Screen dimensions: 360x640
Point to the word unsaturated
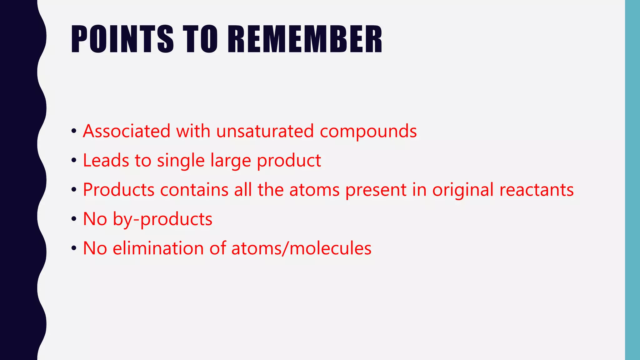click(265, 131)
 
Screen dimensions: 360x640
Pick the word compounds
click(368, 132)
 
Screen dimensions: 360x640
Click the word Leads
click(106, 160)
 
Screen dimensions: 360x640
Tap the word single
click(181, 161)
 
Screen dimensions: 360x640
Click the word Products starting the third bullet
click(119, 190)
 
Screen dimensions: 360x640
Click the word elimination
click(158, 248)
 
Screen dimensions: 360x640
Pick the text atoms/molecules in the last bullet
click(301, 248)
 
